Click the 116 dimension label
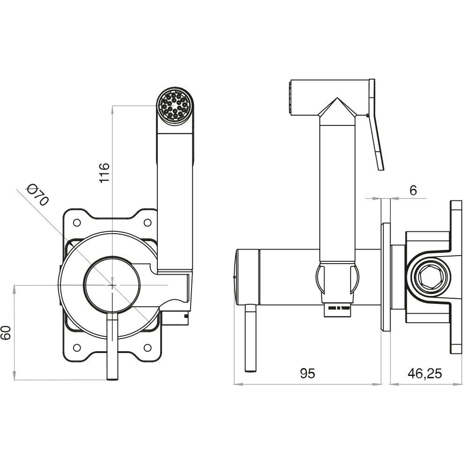[104, 172]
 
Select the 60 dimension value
[6, 333]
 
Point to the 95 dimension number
[308, 373]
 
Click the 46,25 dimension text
[425, 373]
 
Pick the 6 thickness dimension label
[412, 190]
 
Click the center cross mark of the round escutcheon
[113, 284]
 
